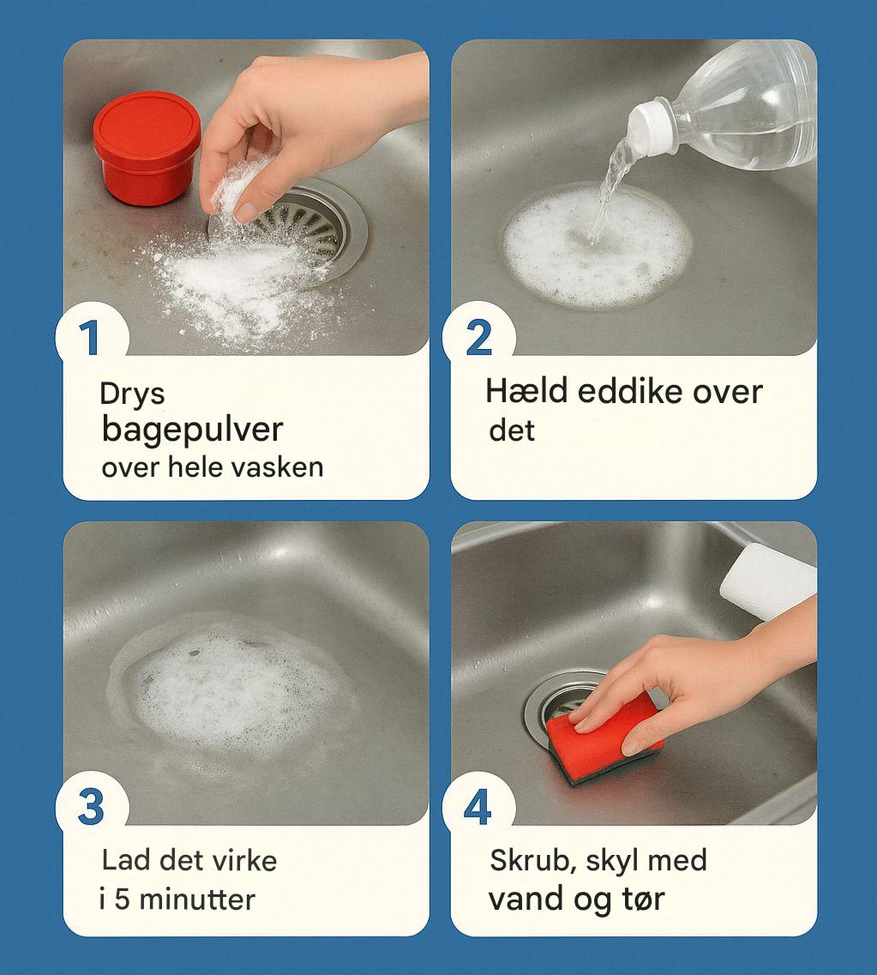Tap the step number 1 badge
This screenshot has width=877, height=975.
tap(92, 338)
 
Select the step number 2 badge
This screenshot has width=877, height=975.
tap(478, 338)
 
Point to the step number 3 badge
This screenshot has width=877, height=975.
tap(92, 807)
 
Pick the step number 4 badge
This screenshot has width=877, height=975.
tap(478, 807)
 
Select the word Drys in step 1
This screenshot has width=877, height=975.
tap(132, 394)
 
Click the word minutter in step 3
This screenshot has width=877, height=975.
tap(198, 900)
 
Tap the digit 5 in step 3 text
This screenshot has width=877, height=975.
tap(122, 900)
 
